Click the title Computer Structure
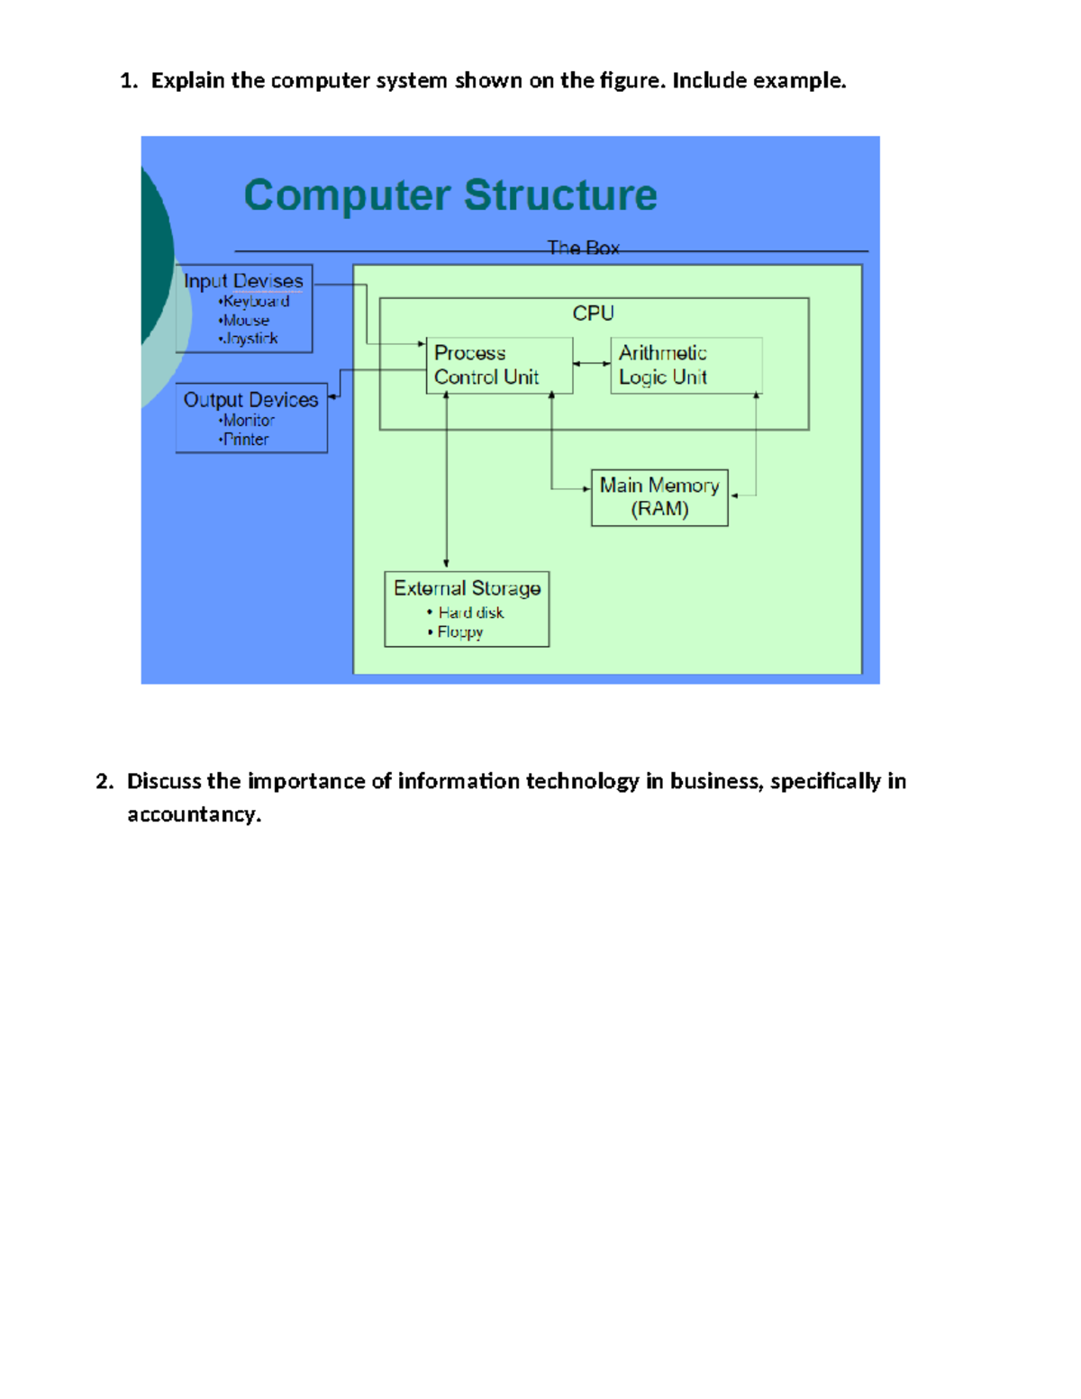450,195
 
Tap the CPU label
593,313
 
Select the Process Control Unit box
499,365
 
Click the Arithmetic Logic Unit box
686,365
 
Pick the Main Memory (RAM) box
659,497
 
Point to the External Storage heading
467,588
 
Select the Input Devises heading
243,281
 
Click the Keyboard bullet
256,301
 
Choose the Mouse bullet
246,320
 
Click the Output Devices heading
250,399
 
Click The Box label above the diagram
583,248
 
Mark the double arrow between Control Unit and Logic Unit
592,364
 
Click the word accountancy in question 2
193,814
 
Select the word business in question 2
715,781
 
